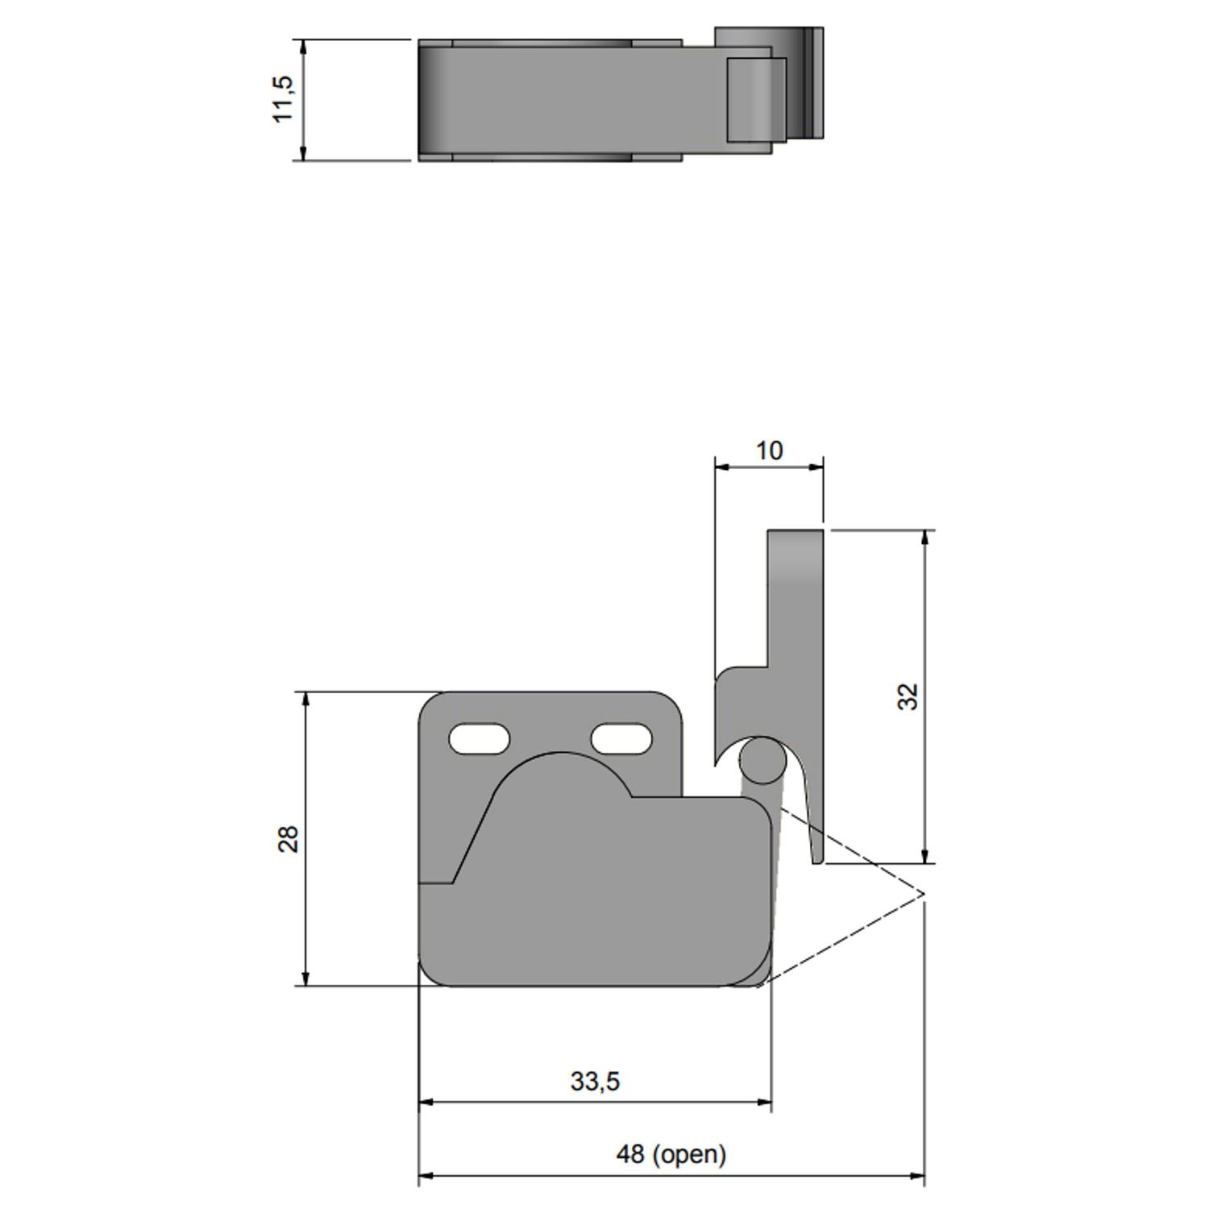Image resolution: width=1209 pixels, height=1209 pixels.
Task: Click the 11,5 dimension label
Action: point(284,99)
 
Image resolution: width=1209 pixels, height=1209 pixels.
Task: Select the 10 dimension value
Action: point(769,451)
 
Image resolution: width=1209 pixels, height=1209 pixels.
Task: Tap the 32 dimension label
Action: point(908,696)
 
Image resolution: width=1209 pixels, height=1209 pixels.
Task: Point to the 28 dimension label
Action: point(289,839)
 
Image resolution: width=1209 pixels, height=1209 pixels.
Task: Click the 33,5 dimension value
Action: point(595,1081)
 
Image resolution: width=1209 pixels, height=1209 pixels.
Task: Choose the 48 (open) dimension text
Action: point(671,1154)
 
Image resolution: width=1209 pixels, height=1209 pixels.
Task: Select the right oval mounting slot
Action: point(621,738)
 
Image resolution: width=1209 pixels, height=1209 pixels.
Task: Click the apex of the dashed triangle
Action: point(923,895)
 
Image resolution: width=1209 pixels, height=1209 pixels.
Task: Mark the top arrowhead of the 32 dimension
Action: point(924,537)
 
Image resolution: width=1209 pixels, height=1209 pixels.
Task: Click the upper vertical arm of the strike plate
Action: point(795,596)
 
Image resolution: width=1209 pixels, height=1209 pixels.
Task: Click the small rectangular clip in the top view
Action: point(756,99)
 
